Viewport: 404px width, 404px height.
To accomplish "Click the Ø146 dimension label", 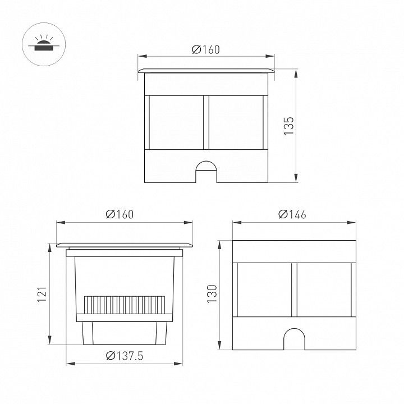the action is [x=292, y=214].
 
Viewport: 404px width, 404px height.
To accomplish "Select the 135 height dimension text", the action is [x=289, y=126].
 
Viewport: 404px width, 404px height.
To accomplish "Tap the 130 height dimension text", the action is [x=212, y=294].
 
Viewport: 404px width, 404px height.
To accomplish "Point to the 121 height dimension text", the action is [x=42, y=294].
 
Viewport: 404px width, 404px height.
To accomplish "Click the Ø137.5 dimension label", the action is [x=125, y=356].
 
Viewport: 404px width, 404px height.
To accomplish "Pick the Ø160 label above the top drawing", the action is [x=206, y=49].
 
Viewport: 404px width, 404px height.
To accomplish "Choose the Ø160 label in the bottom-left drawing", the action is [x=120, y=214].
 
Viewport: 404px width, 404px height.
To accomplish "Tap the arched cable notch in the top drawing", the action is [x=206, y=172].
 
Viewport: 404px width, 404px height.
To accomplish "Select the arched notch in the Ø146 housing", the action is [x=294, y=339].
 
